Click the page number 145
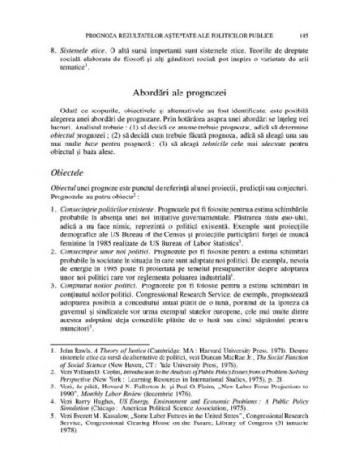[x=322, y=14]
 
